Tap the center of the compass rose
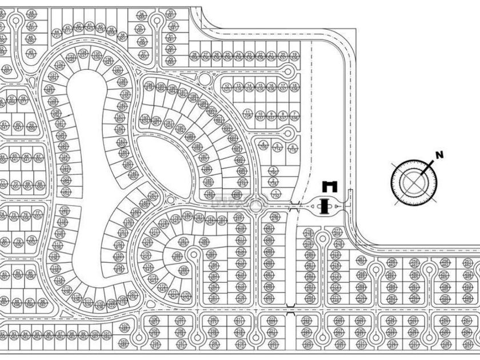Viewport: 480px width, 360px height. [414, 182]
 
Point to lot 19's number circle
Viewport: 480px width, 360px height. [294, 55]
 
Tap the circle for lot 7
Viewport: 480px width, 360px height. [294, 114]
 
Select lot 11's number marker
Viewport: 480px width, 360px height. [247, 112]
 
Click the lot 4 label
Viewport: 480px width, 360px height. [263, 144]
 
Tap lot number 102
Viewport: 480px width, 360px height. [124, 327]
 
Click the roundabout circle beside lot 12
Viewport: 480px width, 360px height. [206, 78]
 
